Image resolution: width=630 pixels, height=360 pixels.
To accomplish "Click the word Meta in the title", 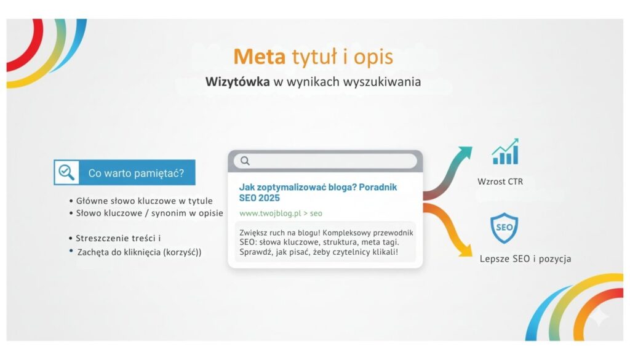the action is click(x=259, y=57).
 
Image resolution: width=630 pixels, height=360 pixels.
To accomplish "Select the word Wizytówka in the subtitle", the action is click(x=237, y=82).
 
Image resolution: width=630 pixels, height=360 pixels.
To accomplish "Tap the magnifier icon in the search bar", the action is click(x=245, y=161).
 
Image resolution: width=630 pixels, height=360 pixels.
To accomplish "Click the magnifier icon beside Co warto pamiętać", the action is click(x=66, y=172).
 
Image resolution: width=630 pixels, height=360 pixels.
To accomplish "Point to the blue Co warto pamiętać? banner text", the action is click(x=136, y=173).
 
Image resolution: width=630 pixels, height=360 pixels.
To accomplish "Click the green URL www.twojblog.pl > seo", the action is click(x=281, y=214).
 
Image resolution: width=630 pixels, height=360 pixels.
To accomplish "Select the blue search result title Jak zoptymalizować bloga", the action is click(x=318, y=193).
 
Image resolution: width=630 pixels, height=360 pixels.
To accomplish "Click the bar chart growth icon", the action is click(x=505, y=151).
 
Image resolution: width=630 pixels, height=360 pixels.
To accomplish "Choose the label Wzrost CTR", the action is click(x=500, y=182).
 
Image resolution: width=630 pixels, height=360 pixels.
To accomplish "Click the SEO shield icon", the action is click(x=504, y=228).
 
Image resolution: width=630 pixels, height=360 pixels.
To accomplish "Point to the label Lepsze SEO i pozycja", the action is click(x=525, y=258).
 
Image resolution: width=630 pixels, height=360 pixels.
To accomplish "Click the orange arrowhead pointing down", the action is click(x=466, y=250).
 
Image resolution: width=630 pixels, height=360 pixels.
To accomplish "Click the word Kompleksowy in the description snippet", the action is click(x=346, y=233).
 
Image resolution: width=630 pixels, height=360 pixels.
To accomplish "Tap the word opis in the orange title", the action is click(x=373, y=57).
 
